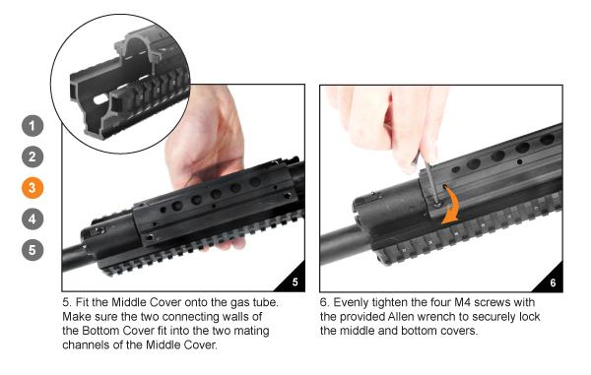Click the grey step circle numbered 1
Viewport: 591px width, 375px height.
(x=33, y=127)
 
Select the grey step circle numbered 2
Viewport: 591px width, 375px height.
(x=33, y=156)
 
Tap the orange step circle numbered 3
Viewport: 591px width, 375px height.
(x=33, y=187)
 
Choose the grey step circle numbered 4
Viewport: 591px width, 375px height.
(x=33, y=218)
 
